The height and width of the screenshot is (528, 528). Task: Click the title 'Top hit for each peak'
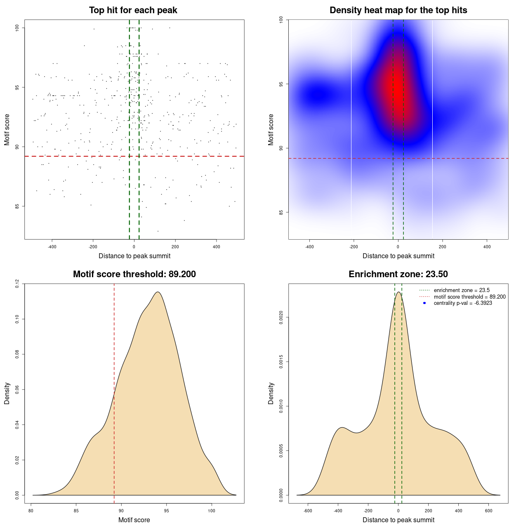click(133, 10)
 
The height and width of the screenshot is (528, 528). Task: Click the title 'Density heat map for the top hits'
click(398, 10)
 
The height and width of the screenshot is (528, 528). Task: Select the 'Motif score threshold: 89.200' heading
click(134, 274)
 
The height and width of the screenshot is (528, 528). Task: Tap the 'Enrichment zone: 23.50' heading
click(398, 274)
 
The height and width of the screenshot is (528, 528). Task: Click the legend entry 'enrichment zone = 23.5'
click(462, 290)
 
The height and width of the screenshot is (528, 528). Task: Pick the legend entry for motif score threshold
click(469, 297)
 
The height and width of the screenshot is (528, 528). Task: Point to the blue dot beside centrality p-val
click(424, 303)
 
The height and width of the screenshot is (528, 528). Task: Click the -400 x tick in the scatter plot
click(52, 247)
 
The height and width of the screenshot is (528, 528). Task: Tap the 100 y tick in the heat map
click(281, 19)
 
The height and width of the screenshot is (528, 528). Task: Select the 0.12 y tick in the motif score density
click(17, 284)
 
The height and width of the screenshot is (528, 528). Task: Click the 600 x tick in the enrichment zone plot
click(489, 511)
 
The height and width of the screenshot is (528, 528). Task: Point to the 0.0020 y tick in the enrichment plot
click(281, 318)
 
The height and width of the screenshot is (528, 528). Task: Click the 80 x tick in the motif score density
click(31, 511)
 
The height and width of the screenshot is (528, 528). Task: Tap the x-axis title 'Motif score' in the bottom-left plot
click(134, 520)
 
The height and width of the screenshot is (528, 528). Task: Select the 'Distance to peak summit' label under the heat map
click(398, 256)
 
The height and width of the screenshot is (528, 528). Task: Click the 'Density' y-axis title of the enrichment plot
click(271, 393)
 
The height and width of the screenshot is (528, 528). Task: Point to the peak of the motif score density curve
click(158, 292)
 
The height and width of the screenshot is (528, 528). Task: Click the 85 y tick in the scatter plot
click(17, 206)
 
